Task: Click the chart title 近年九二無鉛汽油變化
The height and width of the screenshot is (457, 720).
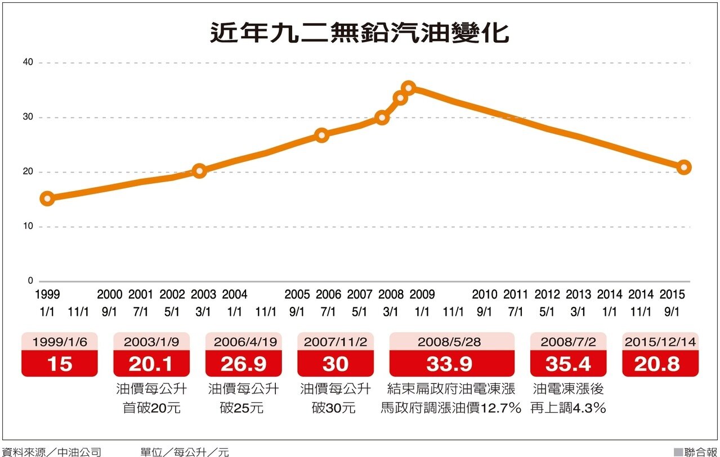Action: (x=359, y=33)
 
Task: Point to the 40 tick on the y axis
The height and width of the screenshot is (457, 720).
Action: (x=28, y=63)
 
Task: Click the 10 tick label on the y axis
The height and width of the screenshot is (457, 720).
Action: (x=28, y=227)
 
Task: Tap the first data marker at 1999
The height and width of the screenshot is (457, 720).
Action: (x=48, y=198)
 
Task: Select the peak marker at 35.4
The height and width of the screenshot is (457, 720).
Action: (x=409, y=88)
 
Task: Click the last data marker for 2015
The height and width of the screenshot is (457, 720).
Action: (x=684, y=167)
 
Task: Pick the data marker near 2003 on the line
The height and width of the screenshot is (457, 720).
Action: (x=199, y=171)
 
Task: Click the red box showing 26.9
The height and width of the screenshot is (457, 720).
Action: (x=243, y=364)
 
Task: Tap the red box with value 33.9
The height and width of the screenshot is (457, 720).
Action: (x=451, y=364)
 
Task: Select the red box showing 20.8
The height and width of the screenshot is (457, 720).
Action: (x=660, y=364)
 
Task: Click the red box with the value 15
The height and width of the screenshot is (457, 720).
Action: (x=59, y=364)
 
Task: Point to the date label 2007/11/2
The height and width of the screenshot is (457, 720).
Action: (x=336, y=341)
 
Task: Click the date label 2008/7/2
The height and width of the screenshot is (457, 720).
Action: (x=568, y=341)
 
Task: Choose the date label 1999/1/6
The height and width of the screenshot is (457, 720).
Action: (x=59, y=341)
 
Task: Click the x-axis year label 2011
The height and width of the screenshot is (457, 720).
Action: (x=516, y=294)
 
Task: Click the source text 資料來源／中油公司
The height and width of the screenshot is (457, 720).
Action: (x=51, y=451)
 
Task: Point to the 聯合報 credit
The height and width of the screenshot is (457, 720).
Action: (x=700, y=451)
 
